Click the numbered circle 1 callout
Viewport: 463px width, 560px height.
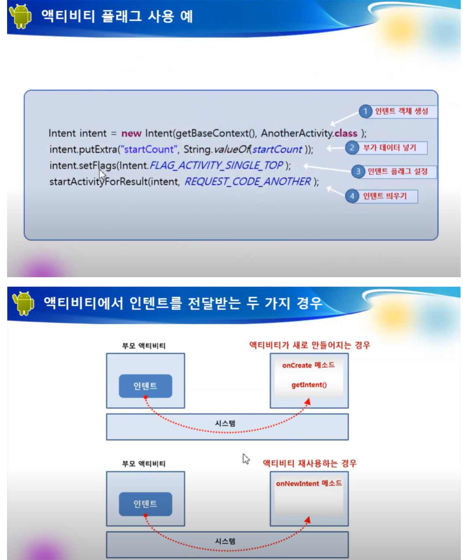(365, 111)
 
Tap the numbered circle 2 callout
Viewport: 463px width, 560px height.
(352, 148)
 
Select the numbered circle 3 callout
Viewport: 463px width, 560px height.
(358, 171)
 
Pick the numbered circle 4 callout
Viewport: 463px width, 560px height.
(352, 196)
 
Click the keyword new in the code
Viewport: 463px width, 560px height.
(131, 133)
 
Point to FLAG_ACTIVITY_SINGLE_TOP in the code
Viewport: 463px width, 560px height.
(216, 165)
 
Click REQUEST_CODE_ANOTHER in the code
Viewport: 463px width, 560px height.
(248, 182)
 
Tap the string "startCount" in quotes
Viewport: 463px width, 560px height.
(149, 150)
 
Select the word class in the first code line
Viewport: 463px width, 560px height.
(346, 133)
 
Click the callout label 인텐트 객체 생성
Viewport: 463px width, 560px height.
(401, 111)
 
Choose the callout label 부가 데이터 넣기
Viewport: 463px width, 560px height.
(390, 148)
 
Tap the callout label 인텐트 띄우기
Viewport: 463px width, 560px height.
(385, 196)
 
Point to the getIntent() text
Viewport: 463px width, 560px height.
(309, 385)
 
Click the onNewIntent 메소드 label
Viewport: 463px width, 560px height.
(309, 484)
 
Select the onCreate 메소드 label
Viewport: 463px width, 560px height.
(309, 365)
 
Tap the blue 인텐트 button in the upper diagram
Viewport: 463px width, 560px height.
(146, 386)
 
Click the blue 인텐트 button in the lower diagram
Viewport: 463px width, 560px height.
(146, 504)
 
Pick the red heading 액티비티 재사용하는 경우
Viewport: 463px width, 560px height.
(310, 463)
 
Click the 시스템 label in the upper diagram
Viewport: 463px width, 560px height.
(225, 423)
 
